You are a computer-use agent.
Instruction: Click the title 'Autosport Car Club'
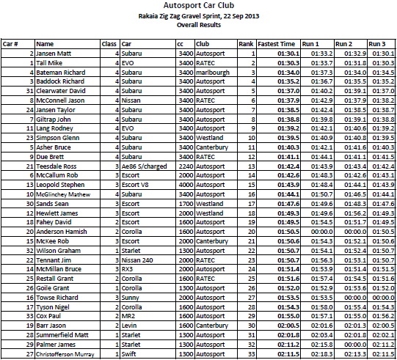(x=198, y=7)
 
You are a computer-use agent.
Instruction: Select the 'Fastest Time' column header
(x=277, y=44)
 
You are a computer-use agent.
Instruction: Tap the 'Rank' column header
(x=246, y=44)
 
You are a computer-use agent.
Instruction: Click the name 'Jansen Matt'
(x=54, y=54)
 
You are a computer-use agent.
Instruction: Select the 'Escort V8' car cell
(x=135, y=185)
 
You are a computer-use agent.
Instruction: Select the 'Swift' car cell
(x=128, y=354)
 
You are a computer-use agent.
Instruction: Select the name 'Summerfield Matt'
(x=62, y=336)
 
